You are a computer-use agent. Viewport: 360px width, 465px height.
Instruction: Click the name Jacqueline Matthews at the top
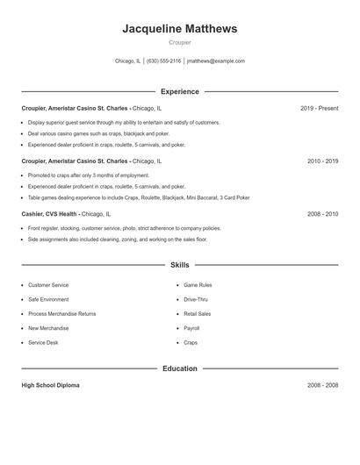tap(180, 29)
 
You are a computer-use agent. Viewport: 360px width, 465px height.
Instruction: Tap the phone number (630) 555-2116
tap(163, 61)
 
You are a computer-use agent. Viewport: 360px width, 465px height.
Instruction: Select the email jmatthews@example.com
tap(216, 61)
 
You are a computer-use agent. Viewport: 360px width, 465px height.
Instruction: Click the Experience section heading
tap(180, 91)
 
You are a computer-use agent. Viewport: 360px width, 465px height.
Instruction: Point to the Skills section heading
tap(180, 264)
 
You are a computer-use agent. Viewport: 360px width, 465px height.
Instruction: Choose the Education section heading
tap(180, 368)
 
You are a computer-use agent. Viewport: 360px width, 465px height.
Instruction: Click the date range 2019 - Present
tap(319, 108)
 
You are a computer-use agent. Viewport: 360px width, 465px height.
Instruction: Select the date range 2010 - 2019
tap(322, 161)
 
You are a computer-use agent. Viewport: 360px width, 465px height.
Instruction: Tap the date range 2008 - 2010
tap(322, 214)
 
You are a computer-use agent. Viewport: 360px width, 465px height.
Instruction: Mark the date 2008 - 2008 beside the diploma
tap(322, 386)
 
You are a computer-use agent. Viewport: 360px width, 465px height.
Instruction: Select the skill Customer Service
tap(48, 285)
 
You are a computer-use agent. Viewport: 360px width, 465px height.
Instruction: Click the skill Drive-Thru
tap(196, 299)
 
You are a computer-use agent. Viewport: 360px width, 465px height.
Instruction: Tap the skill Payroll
tap(191, 328)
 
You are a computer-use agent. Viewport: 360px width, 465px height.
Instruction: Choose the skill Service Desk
tap(43, 343)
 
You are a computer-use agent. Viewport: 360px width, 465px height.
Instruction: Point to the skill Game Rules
tap(198, 285)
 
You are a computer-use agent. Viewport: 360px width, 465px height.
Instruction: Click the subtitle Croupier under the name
tap(180, 42)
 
